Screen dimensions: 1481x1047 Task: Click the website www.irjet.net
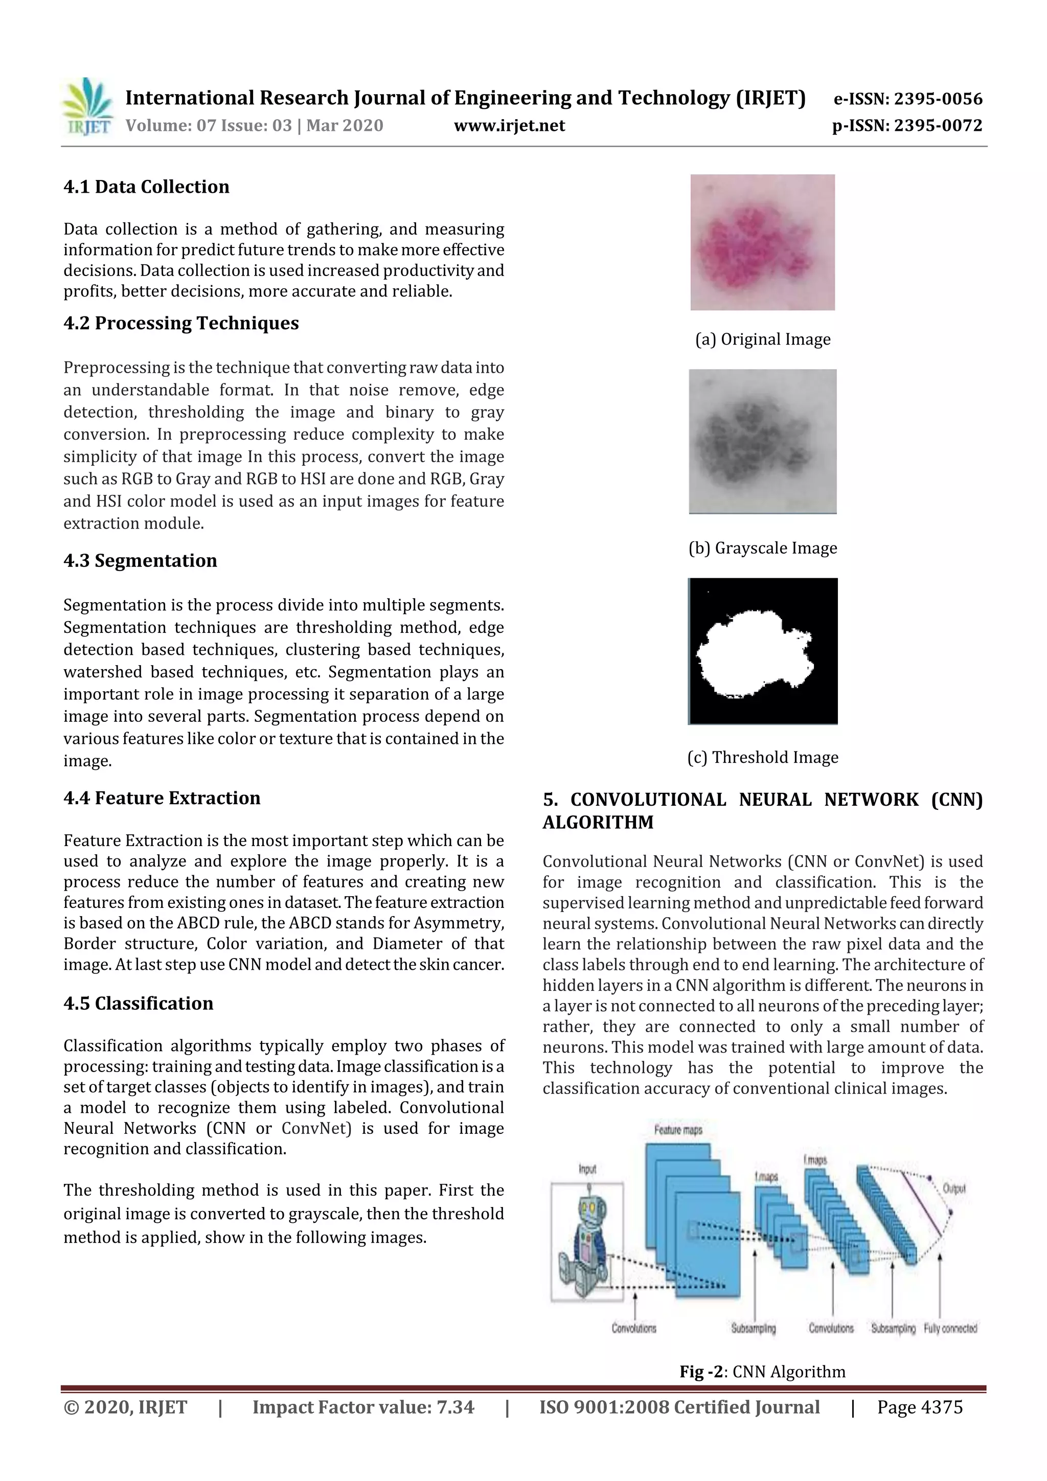(x=509, y=126)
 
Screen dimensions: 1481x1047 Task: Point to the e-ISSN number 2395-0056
(x=907, y=99)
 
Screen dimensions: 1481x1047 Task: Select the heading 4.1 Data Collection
(x=146, y=187)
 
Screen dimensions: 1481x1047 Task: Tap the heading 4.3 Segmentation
(x=140, y=560)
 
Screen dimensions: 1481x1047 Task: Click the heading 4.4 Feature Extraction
(x=162, y=798)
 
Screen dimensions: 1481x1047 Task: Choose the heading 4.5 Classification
(x=138, y=1003)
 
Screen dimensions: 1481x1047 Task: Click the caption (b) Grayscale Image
(x=763, y=548)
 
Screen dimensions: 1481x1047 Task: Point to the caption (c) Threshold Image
(x=763, y=757)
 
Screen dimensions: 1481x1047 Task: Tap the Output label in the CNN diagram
(x=953, y=1188)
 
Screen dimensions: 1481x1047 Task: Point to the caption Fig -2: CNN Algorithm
(x=762, y=1372)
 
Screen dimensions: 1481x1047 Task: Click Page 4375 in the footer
(x=919, y=1407)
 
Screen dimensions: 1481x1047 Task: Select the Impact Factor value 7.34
(x=363, y=1407)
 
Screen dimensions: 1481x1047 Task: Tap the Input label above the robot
(x=587, y=1169)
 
